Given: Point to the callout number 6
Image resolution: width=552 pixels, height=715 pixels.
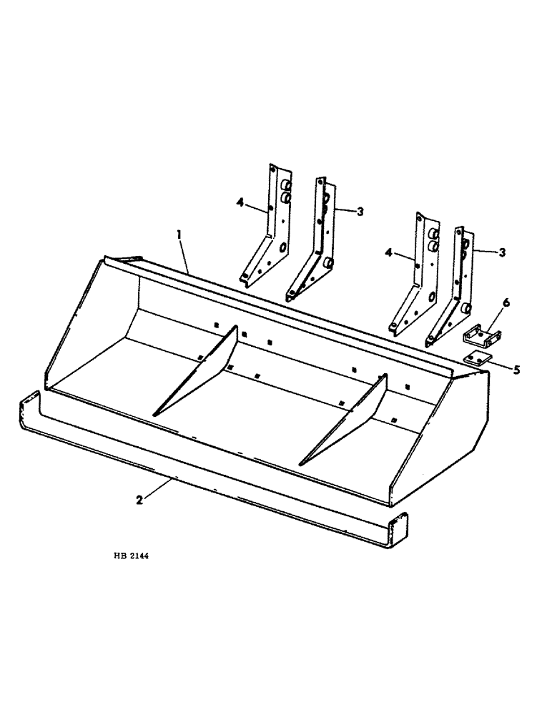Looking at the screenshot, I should tap(506, 303).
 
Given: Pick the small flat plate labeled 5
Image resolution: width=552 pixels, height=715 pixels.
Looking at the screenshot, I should tap(474, 360).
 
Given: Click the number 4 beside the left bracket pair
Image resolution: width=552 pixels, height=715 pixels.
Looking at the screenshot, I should tap(240, 202).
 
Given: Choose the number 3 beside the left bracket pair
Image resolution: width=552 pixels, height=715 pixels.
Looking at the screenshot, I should tap(360, 211).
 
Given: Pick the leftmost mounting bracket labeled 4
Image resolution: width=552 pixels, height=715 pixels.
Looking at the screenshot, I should tap(268, 229).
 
